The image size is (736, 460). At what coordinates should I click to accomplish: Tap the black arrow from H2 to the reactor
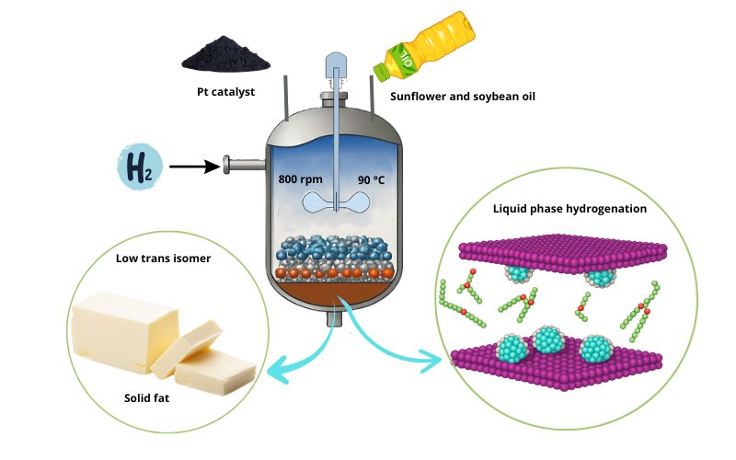tap(194, 167)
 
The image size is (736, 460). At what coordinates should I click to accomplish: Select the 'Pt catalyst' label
tap(225, 93)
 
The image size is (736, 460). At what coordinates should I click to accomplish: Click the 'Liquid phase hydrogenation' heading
tap(569, 209)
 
